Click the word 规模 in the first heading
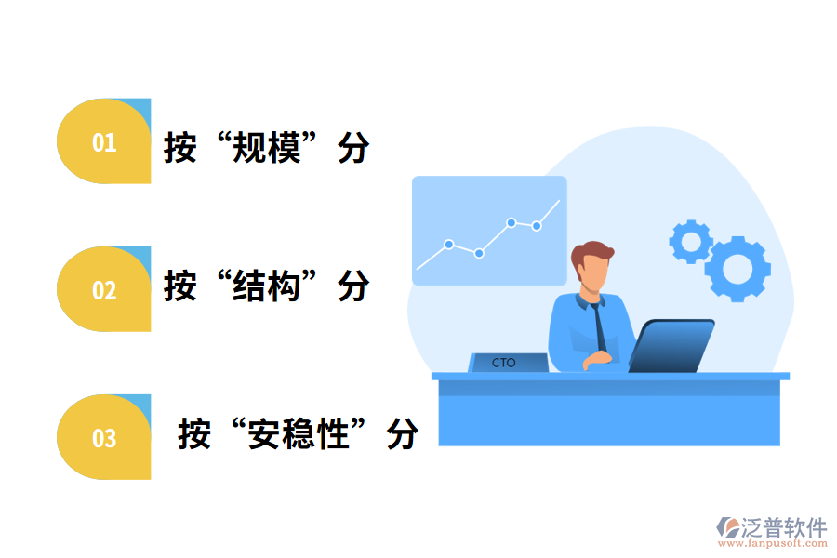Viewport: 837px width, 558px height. coord(267,147)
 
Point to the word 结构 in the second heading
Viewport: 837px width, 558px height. coord(267,286)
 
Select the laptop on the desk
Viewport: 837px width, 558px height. coord(671,345)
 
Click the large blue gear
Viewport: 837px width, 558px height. coord(737,268)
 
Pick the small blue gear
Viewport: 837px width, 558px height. coord(691,241)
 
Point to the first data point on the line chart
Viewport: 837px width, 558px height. coord(448,245)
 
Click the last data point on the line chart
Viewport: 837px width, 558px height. coord(537,225)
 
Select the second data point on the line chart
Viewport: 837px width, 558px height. coord(479,253)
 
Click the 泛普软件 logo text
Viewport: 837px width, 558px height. coord(783,528)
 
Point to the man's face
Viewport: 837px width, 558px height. coord(593,273)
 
